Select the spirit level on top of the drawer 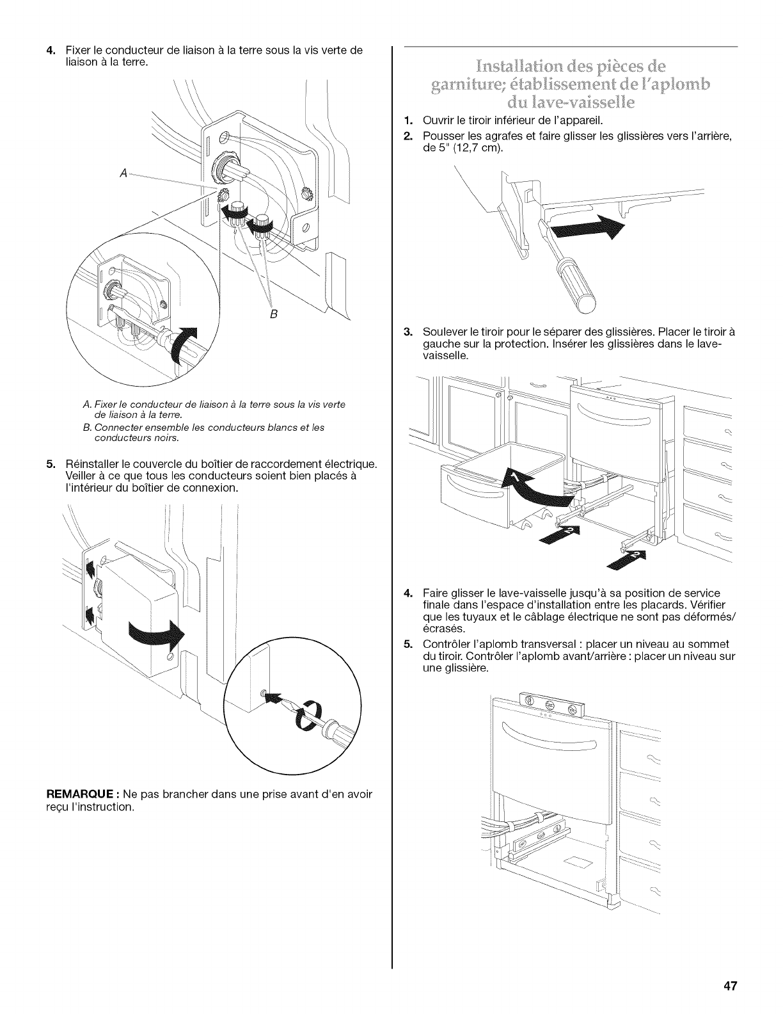pyautogui.click(x=550, y=707)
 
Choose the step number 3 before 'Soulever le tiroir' pyautogui.click(x=407, y=332)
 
